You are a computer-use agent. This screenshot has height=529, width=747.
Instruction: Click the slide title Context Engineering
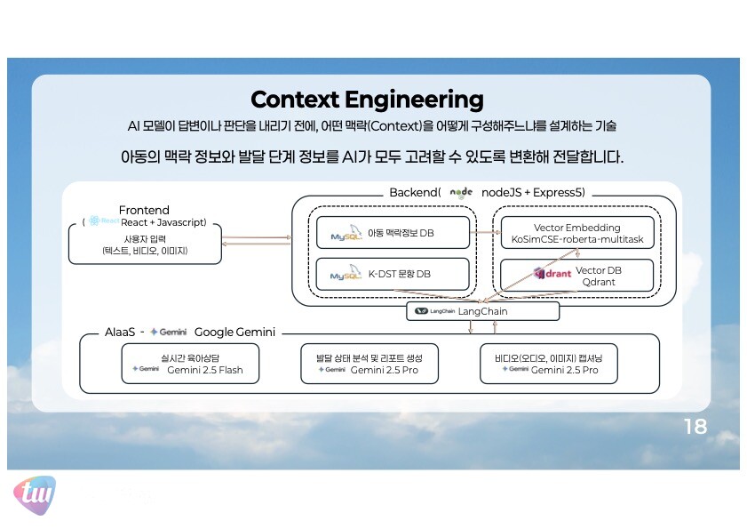tap(367, 100)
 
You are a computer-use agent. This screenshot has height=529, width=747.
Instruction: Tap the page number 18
tap(695, 427)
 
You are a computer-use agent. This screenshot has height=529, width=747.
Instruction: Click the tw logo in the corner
tap(34, 493)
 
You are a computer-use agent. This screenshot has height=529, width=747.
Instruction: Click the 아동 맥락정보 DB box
tap(393, 233)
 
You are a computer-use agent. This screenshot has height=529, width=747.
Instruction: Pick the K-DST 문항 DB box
tap(393, 274)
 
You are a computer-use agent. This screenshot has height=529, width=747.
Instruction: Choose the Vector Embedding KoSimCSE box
tap(577, 234)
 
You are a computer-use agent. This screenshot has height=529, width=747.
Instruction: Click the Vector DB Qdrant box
tap(577, 275)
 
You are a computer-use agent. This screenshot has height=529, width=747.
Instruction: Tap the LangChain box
tap(482, 311)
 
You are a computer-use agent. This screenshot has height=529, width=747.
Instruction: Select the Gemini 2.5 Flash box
tap(190, 364)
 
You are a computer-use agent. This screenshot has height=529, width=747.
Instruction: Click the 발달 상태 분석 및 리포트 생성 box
tap(371, 364)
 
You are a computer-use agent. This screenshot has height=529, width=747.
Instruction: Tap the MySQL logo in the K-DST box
tap(346, 275)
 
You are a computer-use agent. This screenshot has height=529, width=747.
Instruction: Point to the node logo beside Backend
tap(462, 192)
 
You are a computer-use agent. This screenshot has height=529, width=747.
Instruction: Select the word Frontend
tap(144, 210)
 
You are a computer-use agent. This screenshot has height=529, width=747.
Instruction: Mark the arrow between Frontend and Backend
tap(257, 239)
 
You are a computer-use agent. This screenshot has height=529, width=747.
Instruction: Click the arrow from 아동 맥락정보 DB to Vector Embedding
tap(483, 232)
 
